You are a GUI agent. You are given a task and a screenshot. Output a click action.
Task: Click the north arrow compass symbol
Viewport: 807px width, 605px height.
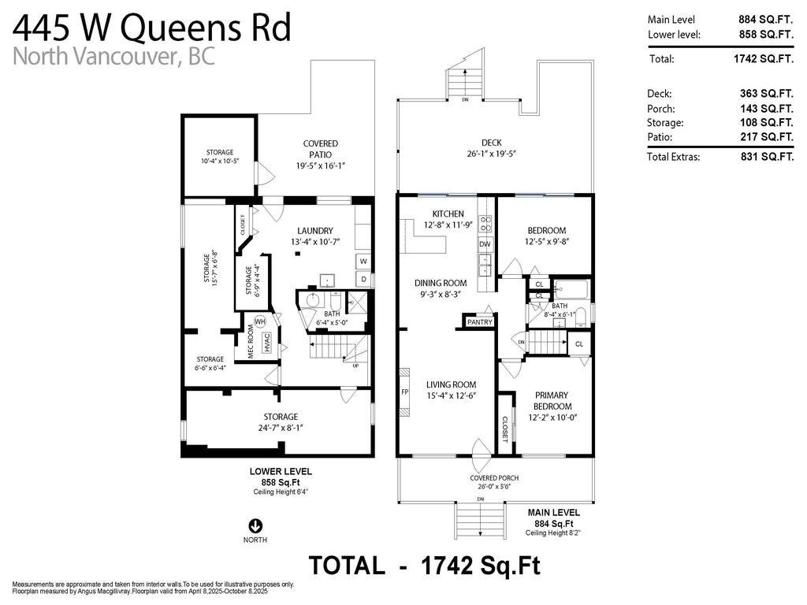[255, 525]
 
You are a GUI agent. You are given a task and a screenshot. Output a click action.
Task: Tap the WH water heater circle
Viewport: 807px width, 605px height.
[259, 321]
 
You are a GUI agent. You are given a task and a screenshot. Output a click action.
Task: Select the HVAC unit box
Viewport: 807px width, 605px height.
[267, 343]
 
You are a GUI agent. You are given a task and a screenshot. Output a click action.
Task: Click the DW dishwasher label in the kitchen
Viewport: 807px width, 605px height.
[485, 245]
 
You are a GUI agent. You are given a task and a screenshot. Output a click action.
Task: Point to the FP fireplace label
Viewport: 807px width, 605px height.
[404, 392]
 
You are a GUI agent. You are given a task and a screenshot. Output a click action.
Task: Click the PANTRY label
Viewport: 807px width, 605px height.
[479, 322]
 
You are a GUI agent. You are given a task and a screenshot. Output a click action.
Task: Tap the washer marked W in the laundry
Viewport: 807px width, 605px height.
[363, 262]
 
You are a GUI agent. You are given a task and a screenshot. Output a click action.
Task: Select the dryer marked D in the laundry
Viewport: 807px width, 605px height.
[363, 279]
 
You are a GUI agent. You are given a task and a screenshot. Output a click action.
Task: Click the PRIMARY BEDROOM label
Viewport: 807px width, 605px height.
[552, 400]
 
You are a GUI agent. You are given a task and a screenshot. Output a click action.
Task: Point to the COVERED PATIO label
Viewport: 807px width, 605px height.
[321, 150]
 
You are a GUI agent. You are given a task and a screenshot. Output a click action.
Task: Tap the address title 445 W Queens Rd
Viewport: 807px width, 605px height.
[152, 28]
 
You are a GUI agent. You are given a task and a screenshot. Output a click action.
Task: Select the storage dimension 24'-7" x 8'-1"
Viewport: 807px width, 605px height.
[281, 428]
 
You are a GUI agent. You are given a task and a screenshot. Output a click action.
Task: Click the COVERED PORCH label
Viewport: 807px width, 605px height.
[494, 478]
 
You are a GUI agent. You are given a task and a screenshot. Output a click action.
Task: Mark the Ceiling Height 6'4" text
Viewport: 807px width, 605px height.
[281, 492]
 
